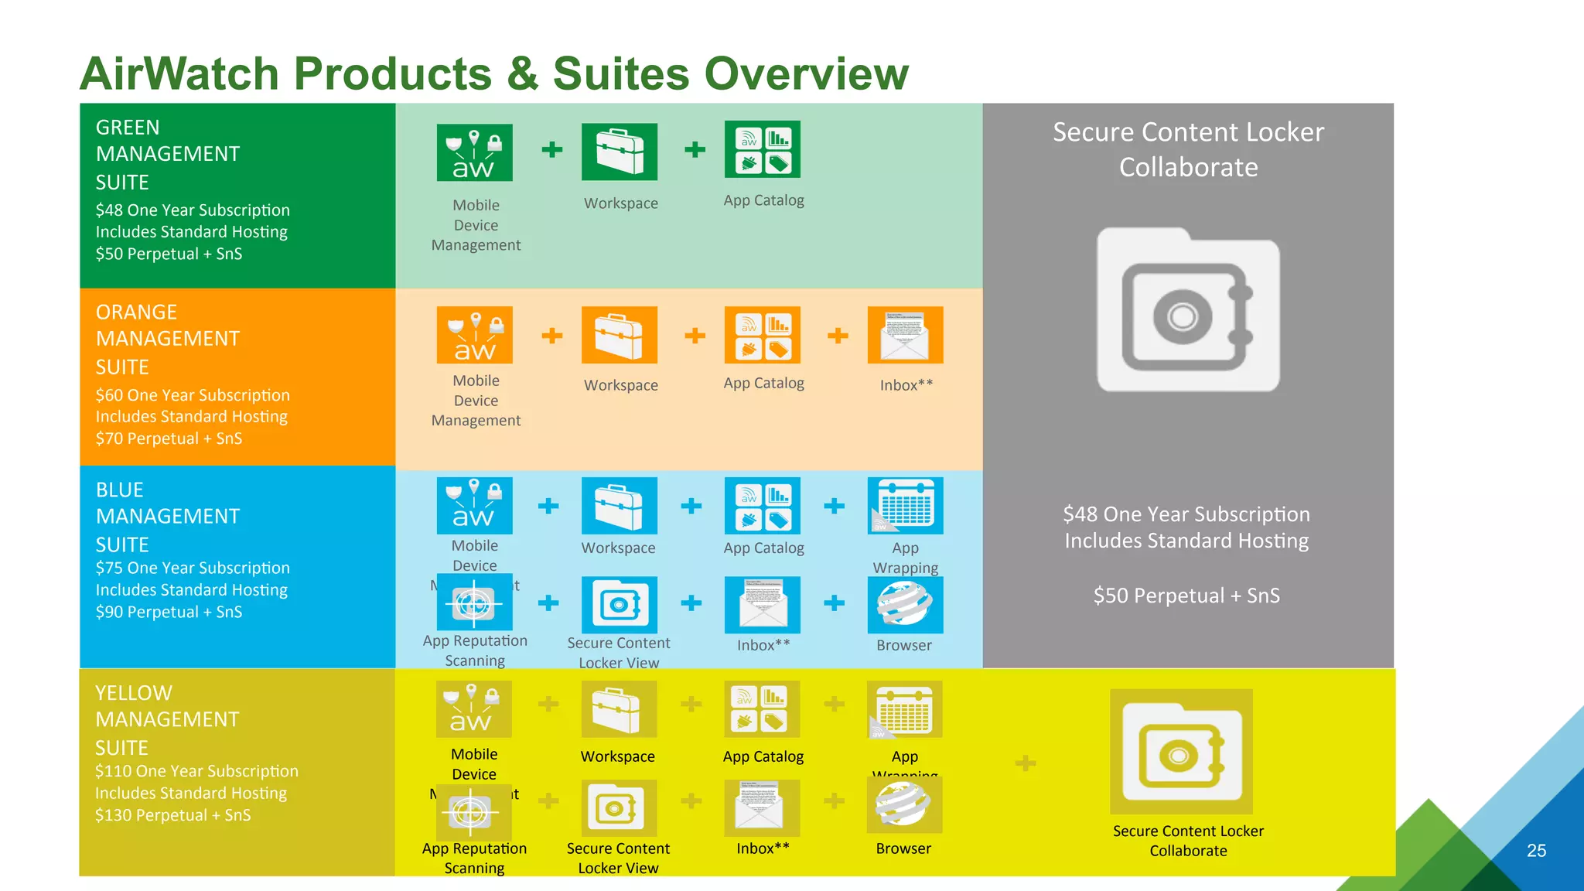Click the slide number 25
[x=1536, y=851]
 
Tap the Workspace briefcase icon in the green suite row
[x=620, y=152]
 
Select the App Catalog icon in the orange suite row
[x=763, y=335]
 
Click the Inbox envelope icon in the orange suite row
[x=905, y=335]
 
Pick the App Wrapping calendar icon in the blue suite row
[x=905, y=506]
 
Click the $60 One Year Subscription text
[x=193, y=395]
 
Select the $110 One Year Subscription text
[x=196, y=771]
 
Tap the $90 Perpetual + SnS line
[x=169, y=612]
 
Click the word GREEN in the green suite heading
[x=128, y=128]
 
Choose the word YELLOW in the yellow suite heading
[x=134, y=693]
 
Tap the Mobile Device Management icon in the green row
[x=474, y=152]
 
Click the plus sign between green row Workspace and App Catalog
[x=695, y=149]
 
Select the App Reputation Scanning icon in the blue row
[x=474, y=603]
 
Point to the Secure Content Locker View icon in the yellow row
[x=617, y=808]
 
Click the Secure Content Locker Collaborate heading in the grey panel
[x=1188, y=149]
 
